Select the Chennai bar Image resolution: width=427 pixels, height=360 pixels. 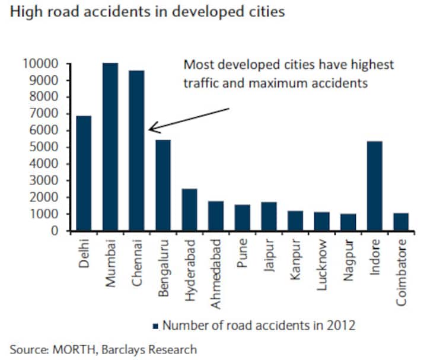136,151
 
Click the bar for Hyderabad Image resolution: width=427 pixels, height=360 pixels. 189,210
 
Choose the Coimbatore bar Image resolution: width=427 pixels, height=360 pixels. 401,222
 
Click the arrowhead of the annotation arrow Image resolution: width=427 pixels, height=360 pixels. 151,128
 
